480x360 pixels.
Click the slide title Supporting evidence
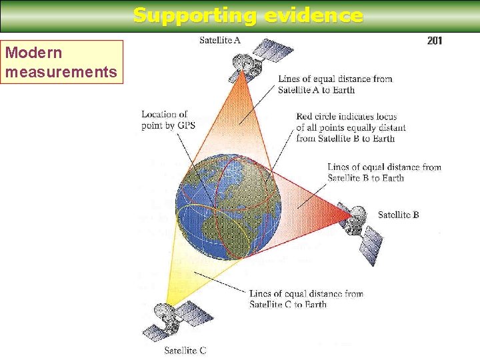(248, 15)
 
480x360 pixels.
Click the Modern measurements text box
(62, 61)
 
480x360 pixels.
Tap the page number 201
(434, 41)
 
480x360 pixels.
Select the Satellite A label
(220, 40)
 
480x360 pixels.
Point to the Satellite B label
(398, 215)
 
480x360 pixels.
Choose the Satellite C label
(185, 351)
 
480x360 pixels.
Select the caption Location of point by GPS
(168, 119)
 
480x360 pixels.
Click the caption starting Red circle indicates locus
(351, 127)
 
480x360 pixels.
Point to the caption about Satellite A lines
(335, 84)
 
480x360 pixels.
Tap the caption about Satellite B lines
(384, 172)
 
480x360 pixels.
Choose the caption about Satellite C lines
(306, 299)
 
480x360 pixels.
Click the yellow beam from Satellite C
(193, 273)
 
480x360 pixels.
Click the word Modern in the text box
(33, 53)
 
